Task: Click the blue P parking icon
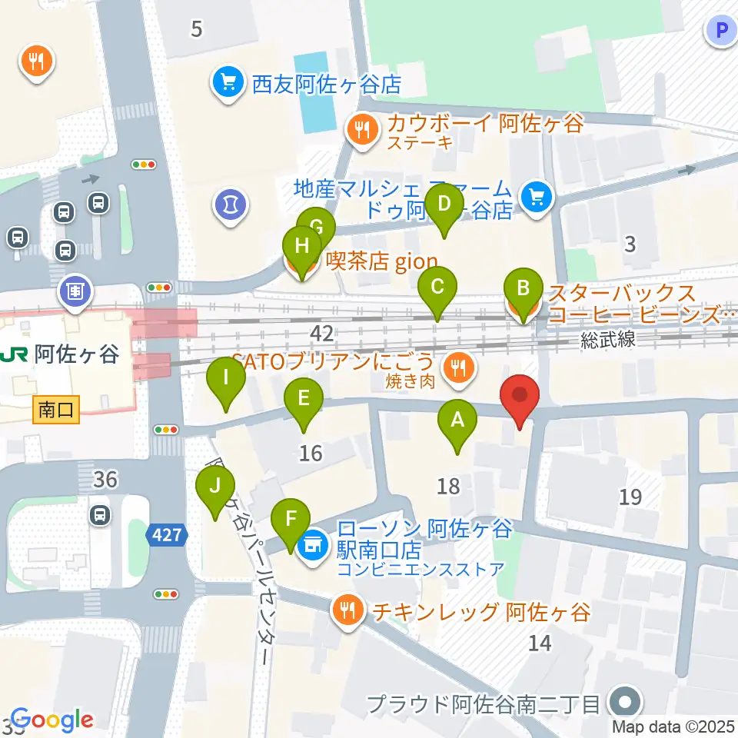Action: click(721, 31)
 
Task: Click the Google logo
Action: click(52, 720)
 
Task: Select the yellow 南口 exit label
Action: click(57, 410)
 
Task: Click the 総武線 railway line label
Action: click(608, 340)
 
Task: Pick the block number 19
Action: click(630, 497)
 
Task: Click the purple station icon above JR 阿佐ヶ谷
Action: click(75, 292)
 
